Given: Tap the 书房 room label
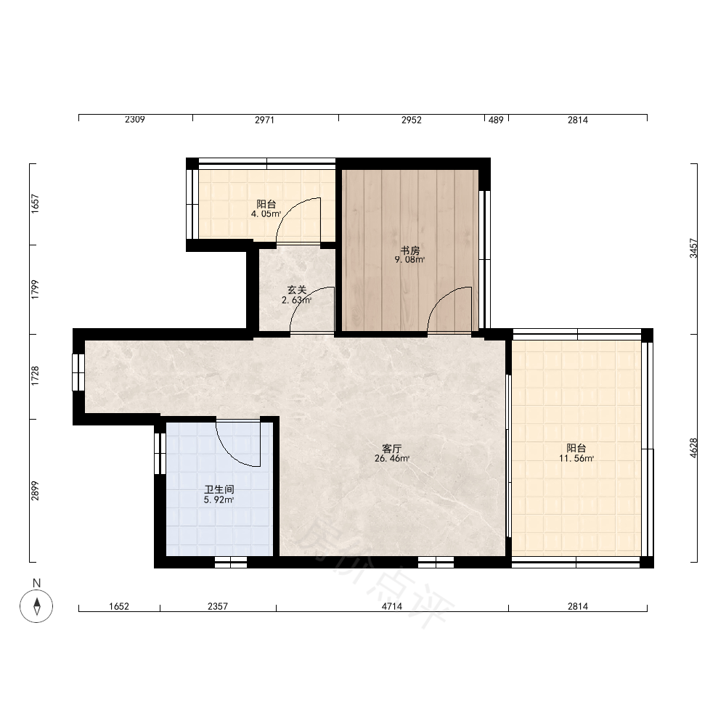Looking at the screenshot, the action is (409, 250).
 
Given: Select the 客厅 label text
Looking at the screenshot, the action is (392, 449).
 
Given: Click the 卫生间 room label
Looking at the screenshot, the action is (219, 489).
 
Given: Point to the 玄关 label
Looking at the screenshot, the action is (297, 290).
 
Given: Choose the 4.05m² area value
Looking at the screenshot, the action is (266, 214).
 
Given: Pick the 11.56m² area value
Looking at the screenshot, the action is (576, 458).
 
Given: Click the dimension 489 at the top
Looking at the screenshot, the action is (496, 120).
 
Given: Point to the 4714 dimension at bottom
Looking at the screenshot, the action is (392, 606).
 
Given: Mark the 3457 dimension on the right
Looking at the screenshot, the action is (693, 248).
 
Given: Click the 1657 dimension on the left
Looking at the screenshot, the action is (35, 204).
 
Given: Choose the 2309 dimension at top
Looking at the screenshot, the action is (135, 120).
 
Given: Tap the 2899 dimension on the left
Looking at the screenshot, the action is (35, 491).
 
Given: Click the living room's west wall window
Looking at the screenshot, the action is (78, 372).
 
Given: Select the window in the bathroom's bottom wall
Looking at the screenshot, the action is (231, 562).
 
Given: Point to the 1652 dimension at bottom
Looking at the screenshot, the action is (119, 606).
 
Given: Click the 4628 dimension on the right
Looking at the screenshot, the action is (693, 448).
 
